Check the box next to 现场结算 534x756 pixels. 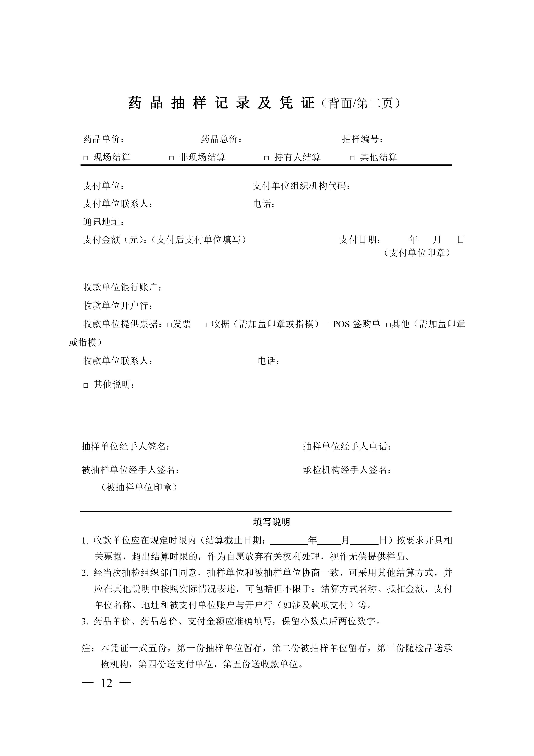pos(86,158)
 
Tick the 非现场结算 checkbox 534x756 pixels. pos(171,158)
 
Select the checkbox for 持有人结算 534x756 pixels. pos(267,158)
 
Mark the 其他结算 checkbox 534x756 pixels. pos(352,158)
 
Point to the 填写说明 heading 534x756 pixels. pos(272,522)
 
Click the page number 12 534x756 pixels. pos(106,683)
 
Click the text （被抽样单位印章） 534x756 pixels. pos(139,487)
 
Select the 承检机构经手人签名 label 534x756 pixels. pos(347,470)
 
